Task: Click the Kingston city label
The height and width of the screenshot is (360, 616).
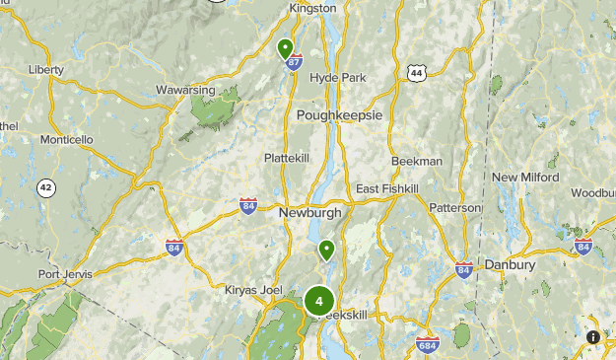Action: tap(313, 8)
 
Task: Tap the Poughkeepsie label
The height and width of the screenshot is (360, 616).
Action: tap(339, 115)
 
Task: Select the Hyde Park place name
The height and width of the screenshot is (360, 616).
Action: tap(337, 77)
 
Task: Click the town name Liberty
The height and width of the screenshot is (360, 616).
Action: tap(46, 70)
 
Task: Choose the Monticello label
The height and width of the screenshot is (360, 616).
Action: tap(67, 140)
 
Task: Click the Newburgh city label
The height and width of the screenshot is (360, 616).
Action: tap(309, 212)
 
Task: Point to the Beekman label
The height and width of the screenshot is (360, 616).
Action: tap(416, 161)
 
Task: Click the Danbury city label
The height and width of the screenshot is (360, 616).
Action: tap(510, 265)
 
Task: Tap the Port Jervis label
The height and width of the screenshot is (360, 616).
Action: tap(64, 274)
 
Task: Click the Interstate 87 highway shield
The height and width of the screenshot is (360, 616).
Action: tap(294, 62)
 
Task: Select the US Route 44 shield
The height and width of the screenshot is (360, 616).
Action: tap(415, 72)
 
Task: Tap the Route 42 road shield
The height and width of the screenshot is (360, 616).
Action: tap(45, 186)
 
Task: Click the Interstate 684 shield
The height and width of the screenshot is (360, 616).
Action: tap(428, 344)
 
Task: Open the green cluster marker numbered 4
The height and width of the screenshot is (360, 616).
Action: tap(319, 302)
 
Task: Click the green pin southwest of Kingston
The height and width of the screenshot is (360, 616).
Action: tap(286, 47)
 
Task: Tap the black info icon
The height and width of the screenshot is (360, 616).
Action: tap(593, 337)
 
